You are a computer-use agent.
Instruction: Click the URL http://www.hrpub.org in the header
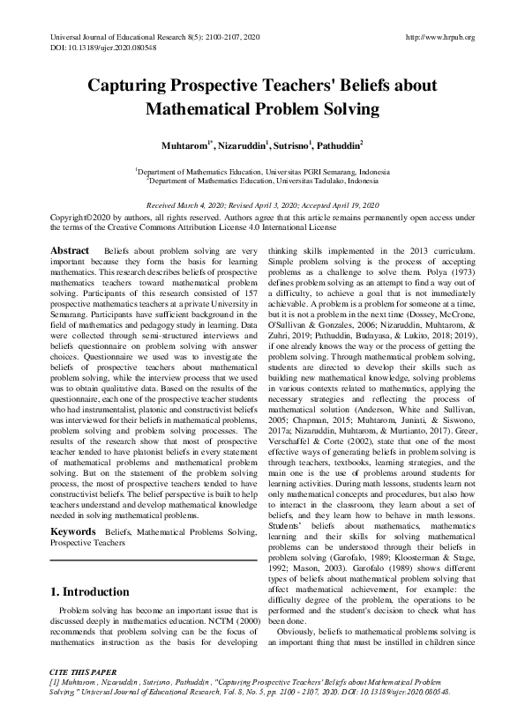439,37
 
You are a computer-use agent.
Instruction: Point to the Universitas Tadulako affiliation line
262,179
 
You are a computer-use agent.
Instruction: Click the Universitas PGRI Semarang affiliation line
262,170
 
